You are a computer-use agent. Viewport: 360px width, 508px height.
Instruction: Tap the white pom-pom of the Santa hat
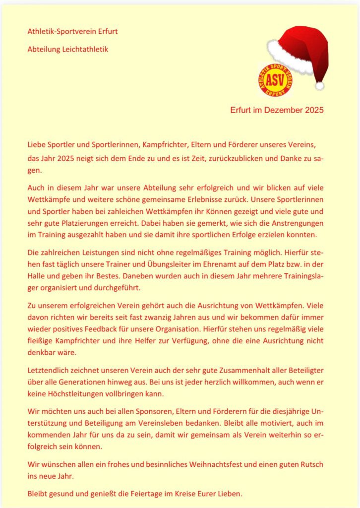point(320,85)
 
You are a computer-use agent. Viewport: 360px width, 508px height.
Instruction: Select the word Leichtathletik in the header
point(84,49)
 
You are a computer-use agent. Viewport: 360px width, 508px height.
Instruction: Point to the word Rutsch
point(308,464)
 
